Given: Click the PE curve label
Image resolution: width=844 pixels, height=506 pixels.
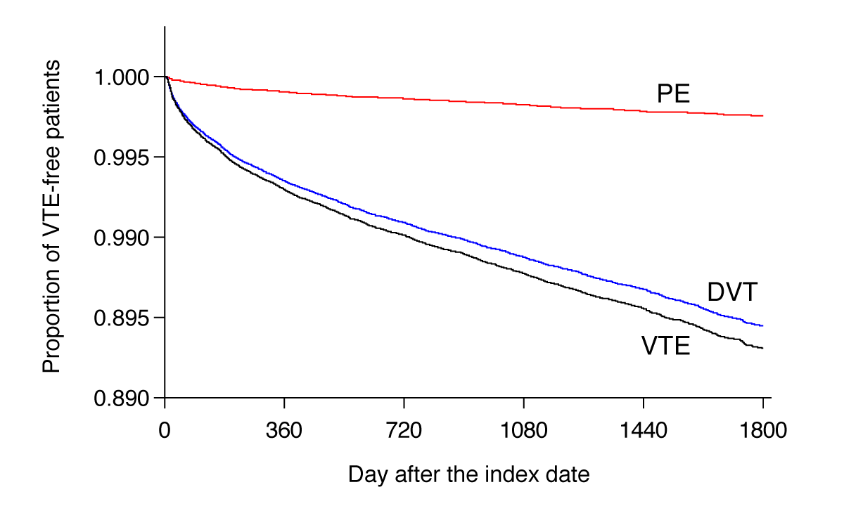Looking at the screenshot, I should click(673, 93).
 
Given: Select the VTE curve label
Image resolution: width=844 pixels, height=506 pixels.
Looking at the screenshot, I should click(665, 346).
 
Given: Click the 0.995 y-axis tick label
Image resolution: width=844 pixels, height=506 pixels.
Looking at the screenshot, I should click(122, 157).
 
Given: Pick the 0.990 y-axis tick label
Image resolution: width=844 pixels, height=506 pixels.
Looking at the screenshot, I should click(122, 238).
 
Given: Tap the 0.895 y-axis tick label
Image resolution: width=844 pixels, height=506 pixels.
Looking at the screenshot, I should click(122, 318).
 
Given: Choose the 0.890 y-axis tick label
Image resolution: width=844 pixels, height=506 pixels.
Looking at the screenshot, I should click(122, 398).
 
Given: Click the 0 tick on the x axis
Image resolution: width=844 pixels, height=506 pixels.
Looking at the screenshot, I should click(165, 428).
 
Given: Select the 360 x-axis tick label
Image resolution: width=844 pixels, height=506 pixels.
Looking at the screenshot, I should click(284, 428).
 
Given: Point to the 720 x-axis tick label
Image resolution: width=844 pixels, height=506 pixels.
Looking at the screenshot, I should click(404, 428).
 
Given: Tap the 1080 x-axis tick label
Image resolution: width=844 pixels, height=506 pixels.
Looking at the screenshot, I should click(523, 428).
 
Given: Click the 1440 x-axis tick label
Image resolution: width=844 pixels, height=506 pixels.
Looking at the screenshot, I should click(643, 428).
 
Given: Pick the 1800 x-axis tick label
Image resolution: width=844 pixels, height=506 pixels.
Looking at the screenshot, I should click(762, 428).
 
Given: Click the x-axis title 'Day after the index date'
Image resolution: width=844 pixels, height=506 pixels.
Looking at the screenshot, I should click(468, 474).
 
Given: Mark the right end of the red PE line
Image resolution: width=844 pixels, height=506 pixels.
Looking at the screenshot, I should click(763, 116).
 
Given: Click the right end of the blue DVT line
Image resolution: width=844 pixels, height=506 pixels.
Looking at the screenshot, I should click(763, 325).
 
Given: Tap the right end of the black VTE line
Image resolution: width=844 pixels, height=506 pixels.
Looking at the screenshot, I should click(763, 348).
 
